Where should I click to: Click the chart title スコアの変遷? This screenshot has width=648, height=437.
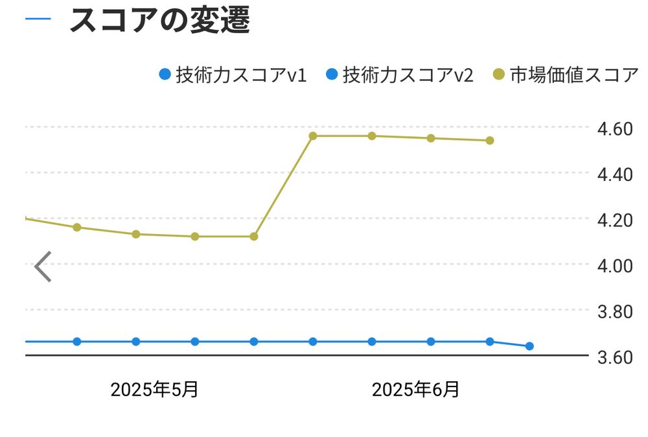[x=159, y=21]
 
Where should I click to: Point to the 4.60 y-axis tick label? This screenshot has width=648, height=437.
[x=614, y=128]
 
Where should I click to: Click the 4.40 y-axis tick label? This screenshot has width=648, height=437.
[x=614, y=174]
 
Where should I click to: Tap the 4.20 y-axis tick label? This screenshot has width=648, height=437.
[x=614, y=220]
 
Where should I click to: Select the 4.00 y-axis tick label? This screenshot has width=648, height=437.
[x=614, y=265]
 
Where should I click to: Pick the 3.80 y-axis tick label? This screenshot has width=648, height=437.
[x=614, y=311]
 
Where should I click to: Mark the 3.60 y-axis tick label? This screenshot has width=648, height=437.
[x=614, y=357]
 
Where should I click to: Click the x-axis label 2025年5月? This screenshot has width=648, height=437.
[x=154, y=390]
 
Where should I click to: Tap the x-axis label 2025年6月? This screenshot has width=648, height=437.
[x=415, y=390]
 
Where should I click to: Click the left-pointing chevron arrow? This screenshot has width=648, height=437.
[x=43, y=266]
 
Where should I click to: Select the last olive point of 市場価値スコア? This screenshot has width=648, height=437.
[x=490, y=140]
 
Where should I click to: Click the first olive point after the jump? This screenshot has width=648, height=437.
[x=313, y=136]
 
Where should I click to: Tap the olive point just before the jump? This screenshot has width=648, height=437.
[x=254, y=236]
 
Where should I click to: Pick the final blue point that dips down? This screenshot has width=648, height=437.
[x=529, y=346]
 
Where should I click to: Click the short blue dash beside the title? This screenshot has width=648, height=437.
[x=38, y=18]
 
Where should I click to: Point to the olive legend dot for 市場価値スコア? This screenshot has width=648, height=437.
[x=499, y=75]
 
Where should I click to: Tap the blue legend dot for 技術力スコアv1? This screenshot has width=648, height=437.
[x=165, y=75]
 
